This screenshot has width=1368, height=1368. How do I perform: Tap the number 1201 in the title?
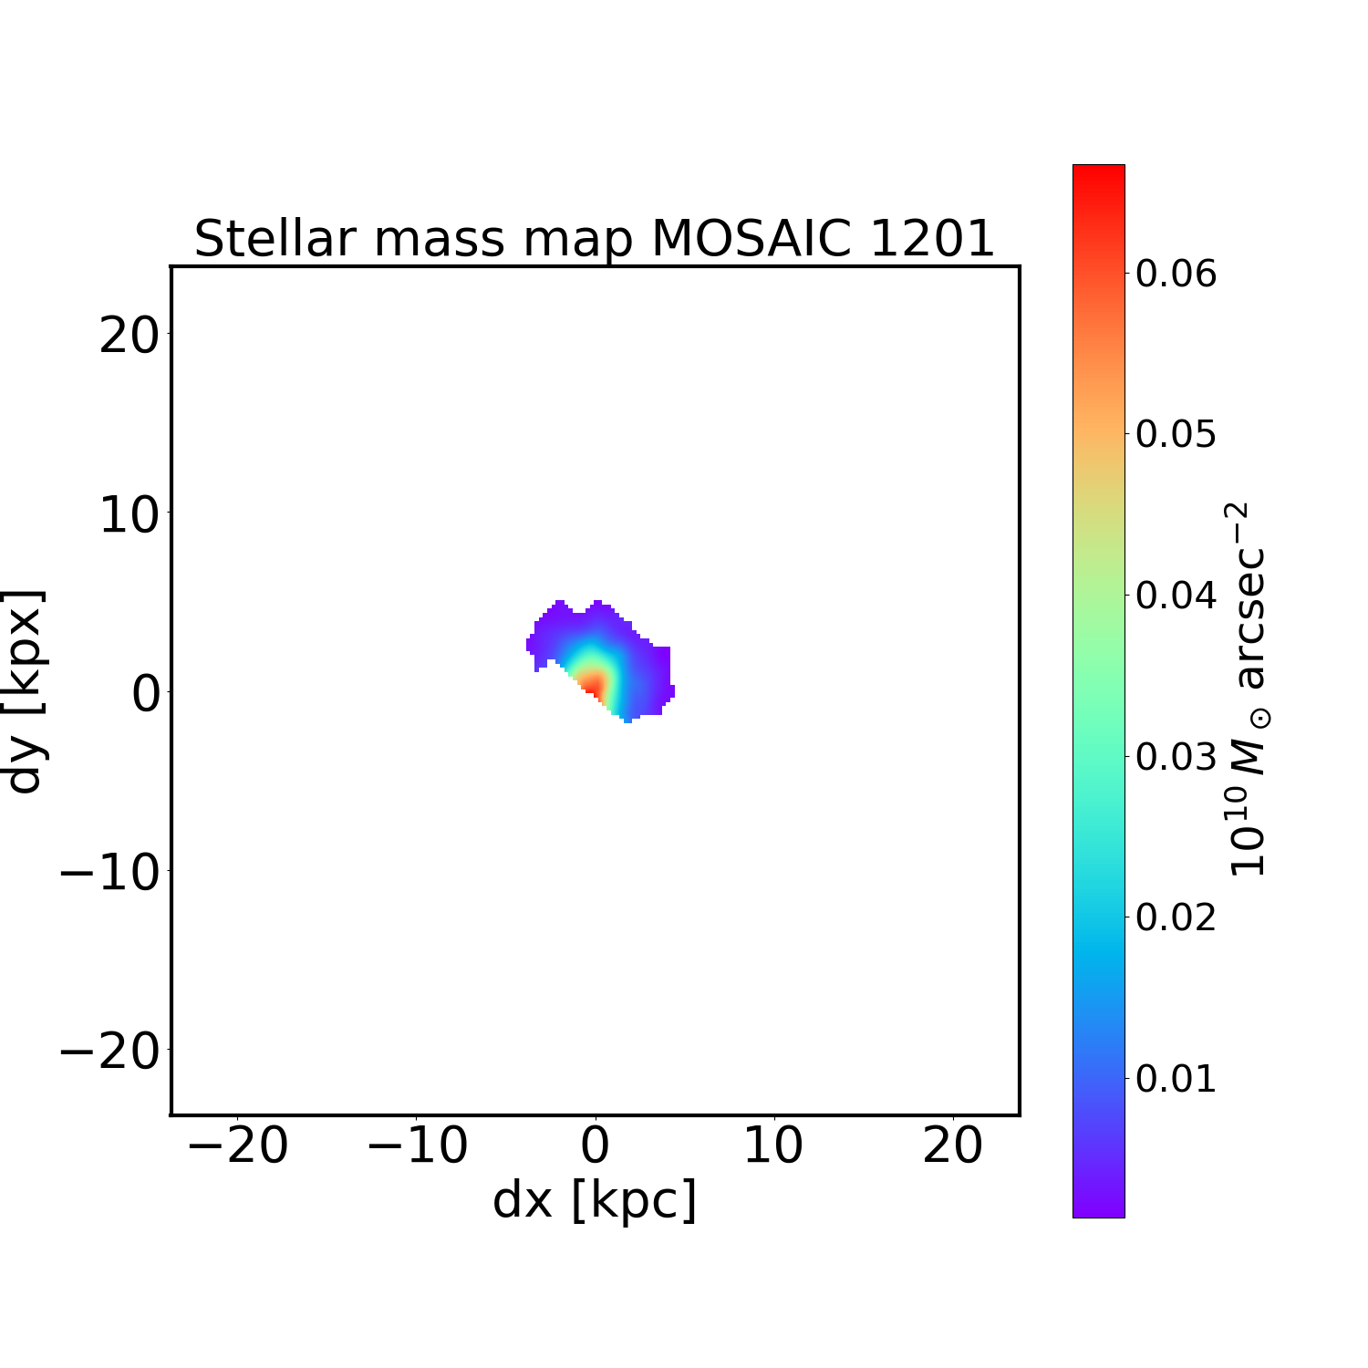click(931, 239)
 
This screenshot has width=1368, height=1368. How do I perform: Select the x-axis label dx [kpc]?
click(595, 1200)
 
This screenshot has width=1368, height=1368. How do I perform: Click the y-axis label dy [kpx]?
click(25, 691)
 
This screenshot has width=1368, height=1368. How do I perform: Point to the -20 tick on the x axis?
click(238, 1145)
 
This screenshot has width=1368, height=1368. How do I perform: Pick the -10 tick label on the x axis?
click(417, 1145)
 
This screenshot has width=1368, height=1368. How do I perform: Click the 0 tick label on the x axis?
click(595, 1145)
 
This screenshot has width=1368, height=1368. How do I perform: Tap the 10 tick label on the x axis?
click(773, 1145)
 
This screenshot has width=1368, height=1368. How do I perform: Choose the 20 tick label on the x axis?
click(952, 1145)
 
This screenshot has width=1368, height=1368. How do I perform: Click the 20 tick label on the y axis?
click(129, 337)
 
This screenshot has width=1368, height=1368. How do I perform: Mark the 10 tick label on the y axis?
click(129, 515)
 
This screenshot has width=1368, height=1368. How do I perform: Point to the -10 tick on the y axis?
click(109, 873)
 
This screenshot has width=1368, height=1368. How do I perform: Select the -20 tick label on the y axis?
click(109, 1052)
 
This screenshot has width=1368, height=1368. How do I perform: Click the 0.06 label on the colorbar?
click(1176, 273)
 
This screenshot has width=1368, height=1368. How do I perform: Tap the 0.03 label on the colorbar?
click(1176, 756)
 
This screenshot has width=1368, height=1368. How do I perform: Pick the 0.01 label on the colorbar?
click(1176, 1078)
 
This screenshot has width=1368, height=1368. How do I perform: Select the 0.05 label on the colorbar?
click(1176, 434)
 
